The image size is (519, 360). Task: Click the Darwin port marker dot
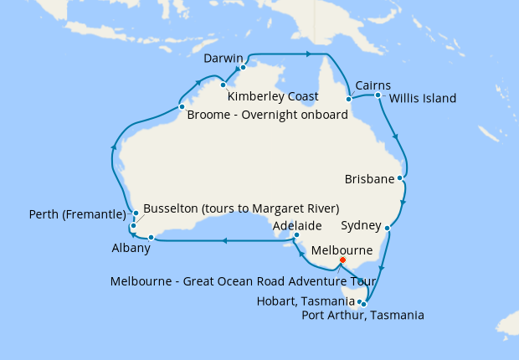[243, 68]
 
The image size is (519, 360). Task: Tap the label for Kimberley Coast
[273, 96]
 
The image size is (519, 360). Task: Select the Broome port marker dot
[181, 107]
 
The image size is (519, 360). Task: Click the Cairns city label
[373, 85]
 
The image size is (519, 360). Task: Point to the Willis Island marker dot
[378, 95]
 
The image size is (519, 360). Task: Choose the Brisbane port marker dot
[401, 177]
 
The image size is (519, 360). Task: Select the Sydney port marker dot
[387, 227]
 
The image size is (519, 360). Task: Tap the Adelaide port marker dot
[296, 236]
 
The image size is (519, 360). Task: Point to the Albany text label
[131, 249]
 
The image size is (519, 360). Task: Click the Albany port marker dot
[151, 238]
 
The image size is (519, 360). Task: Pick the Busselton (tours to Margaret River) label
[241, 208]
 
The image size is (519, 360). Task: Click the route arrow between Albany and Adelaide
[224, 241]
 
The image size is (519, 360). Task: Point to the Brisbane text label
[369, 179]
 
